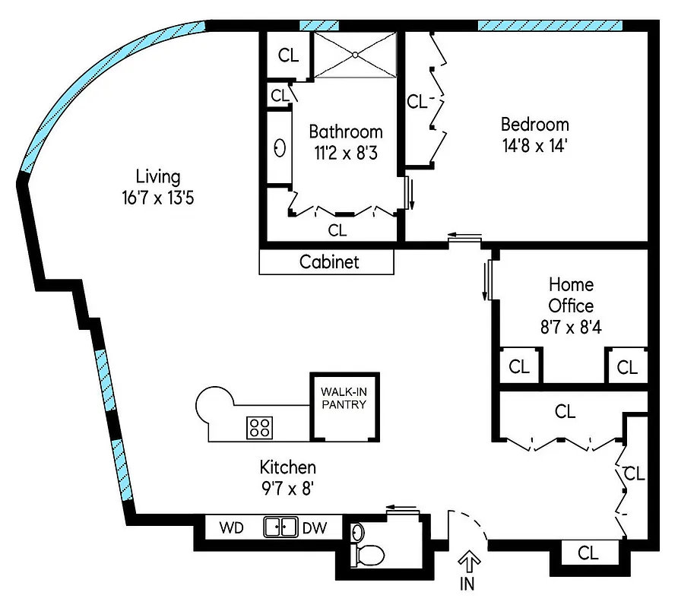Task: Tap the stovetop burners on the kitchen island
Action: pyautogui.click(x=260, y=427)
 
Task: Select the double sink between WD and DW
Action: pyautogui.click(x=280, y=527)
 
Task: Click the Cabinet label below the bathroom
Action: pyautogui.click(x=328, y=262)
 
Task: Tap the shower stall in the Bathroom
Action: pyautogui.click(x=356, y=55)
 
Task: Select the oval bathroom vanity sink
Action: pyautogui.click(x=279, y=147)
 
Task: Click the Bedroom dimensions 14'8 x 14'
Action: pyautogui.click(x=534, y=146)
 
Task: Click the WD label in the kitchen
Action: pyautogui.click(x=231, y=527)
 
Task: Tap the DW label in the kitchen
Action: pyautogui.click(x=314, y=527)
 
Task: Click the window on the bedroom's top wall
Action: pyautogui.click(x=550, y=26)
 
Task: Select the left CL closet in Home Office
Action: pyautogui.click(x=519, y=367)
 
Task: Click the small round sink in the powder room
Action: pyautogui.click(x=358, y=531)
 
